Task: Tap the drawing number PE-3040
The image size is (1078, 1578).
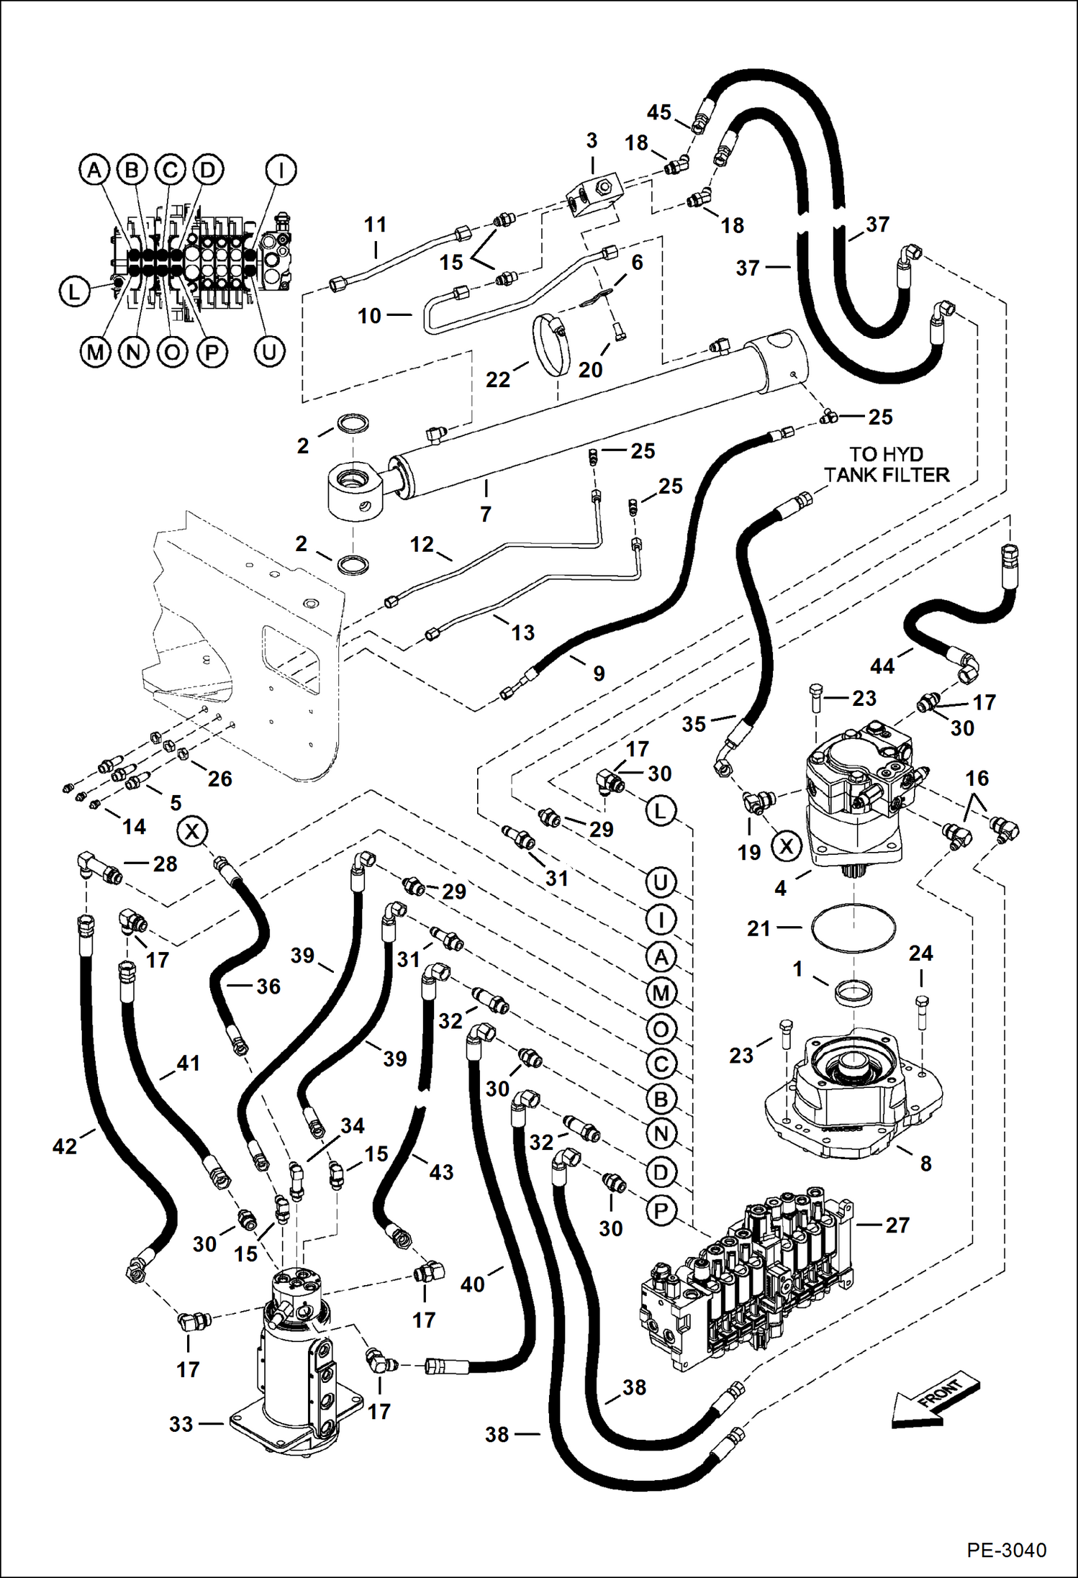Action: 1006,1550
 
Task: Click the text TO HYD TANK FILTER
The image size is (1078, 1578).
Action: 887,464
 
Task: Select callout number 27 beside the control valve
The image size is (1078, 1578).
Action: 897,1225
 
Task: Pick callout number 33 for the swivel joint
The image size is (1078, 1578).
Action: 181,1424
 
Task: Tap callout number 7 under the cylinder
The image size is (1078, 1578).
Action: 486,514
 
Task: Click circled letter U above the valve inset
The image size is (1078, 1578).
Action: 269,352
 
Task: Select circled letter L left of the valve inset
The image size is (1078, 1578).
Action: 73,292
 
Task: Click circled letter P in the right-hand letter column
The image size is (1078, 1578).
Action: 661,1210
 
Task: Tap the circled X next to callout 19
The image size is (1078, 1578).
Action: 787,846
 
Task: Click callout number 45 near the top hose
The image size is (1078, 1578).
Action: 658,112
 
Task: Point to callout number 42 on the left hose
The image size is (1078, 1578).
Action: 65,1146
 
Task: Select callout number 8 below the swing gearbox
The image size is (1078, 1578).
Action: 925,1164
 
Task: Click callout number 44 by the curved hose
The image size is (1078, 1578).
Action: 882,666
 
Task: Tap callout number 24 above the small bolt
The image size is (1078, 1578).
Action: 920,953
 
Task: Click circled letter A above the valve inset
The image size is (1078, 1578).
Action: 94,171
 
